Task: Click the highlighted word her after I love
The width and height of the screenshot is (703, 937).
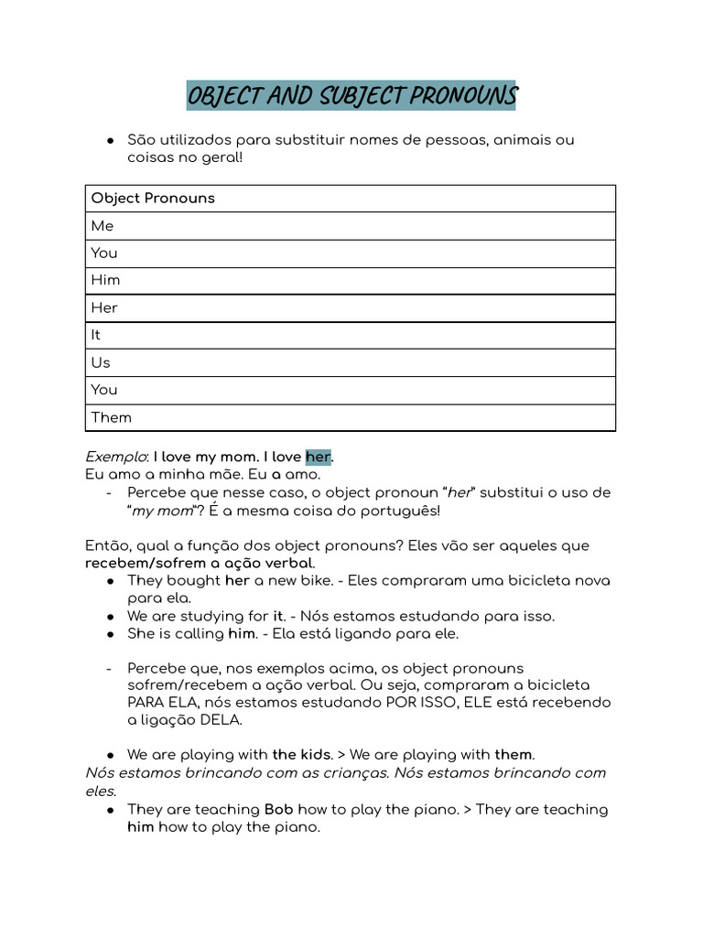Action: tap(318, 457)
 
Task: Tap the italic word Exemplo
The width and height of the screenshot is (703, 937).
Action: tap(115, 457)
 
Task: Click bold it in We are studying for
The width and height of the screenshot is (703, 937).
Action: tap(279, 616)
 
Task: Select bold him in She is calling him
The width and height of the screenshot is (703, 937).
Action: tap(243, 633)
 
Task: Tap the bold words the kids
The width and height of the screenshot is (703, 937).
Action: tap(301, 755)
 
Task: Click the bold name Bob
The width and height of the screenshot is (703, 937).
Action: tap(279, 810)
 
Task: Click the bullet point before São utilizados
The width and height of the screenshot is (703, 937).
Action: tap(110, 141)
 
